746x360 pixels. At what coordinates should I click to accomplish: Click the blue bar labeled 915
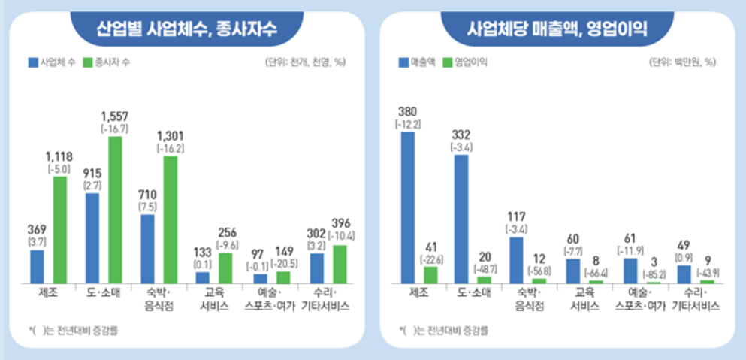(92, 237)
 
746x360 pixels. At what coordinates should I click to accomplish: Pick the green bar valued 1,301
(171, 219)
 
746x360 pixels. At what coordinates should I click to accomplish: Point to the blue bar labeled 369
(37, 265)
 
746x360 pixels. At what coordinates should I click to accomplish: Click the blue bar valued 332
(461, 218)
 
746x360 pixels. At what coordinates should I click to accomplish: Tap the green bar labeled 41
(430, 274)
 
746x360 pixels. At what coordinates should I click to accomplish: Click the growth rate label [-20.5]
(283, 262)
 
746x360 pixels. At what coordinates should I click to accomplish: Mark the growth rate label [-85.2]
(653, 273)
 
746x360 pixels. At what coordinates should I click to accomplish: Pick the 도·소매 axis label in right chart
(471, 294)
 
